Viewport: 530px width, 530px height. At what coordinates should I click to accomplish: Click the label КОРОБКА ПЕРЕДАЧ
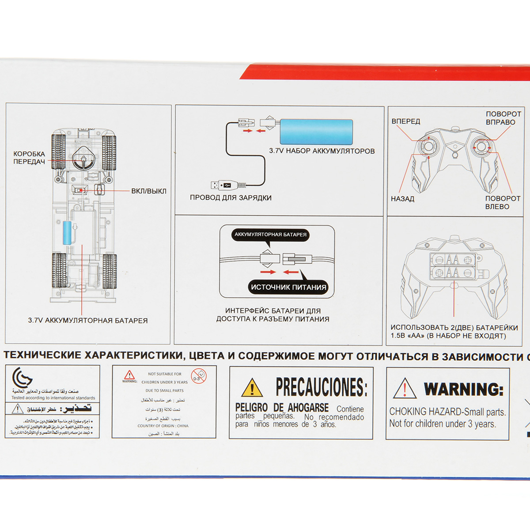coord(29,158)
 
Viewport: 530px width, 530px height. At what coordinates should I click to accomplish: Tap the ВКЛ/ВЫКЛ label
coord(148,191)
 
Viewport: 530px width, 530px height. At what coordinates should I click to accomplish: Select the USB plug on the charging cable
coord(223,185)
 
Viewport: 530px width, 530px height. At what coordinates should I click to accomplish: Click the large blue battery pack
coord(316,131)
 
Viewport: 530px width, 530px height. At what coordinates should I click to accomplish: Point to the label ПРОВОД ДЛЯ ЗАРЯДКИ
coord(231,198)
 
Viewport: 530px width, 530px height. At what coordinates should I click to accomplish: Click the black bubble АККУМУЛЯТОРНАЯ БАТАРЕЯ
coord(270,235)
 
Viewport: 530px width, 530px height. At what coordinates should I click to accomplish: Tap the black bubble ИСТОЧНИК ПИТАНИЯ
coord(288,287)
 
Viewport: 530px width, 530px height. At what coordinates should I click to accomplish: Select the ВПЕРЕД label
coord(405,121)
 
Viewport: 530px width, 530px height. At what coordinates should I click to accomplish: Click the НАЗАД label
coord(402,199)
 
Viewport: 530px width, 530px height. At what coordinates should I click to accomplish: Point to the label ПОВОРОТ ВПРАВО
coord(503,118)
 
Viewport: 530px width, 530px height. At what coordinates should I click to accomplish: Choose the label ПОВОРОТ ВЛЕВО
coord(502,202)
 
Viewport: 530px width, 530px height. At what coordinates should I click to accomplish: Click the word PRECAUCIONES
coord(321,387)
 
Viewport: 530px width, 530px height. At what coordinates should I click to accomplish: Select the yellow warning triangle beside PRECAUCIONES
coord(252,388)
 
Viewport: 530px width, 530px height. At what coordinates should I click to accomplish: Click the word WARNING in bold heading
coord(464,389)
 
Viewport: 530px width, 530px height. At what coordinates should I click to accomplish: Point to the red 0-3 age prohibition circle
coord(199,376)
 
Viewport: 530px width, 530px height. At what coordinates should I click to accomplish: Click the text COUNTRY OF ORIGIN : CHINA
coord(163,426)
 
